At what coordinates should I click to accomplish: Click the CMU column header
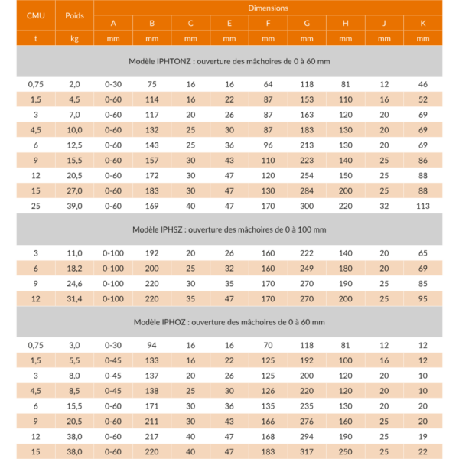pyautogui.click(x=35, y=15)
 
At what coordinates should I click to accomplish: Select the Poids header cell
pyautogui.click(x=74, y=15)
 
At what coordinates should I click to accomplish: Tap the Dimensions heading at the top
pyautogui.click(x=268, y=8)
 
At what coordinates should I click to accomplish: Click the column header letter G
pyautogui.click(x=307, y=23)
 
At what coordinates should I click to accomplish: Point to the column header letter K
pyautogui.click(x=422, y=23)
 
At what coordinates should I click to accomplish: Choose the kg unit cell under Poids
pyautogui.click(x=74, y=38)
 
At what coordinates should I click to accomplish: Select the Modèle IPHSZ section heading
pyautogui.click(x=229, y=229)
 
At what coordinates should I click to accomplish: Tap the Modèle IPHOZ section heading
pyautogui.click(x=229, y=322)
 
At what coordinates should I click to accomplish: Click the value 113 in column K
pyautogui.click(x=422, y=206)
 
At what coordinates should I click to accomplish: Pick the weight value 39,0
pyautogui.click(x=74, y=206)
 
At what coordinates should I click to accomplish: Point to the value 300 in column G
pyautogui.click(x=307, y=206)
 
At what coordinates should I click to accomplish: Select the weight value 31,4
pyautogui.click(x=74, y=298)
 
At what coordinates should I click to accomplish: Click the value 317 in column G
pyautogui.click(x=307, y=452)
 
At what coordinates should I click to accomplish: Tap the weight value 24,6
pyautogui.click(x=74, y=283)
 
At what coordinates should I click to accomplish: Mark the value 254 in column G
pyautogui.click(x=307, y=175)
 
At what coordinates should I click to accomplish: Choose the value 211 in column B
pyautogui.click(x=151, y=422)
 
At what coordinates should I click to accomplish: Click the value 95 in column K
pyautogui.click(x=422, y=298)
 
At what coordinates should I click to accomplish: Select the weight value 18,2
pyautogui.click(x=74, y=268)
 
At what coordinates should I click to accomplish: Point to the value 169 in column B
pyautogui.click(x=151, y=206)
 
